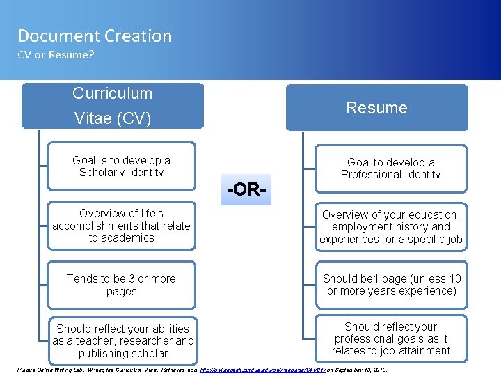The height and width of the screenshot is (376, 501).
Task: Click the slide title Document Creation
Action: coord(95,36)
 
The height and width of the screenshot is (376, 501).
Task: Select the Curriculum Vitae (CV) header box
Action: coord(112,106)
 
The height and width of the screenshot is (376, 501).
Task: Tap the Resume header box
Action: coord(376,107)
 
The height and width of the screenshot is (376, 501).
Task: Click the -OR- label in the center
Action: coord(247,189)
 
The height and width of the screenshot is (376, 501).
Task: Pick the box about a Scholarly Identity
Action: coord(122,166)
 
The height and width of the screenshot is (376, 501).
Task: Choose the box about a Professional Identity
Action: coord(390,169)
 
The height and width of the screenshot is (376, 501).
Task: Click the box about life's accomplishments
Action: coord(122,226)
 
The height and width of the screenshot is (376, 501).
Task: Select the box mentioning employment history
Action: coord(390,227)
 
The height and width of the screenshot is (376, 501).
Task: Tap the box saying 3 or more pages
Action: coord(122,285)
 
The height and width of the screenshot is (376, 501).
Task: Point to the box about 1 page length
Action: coord(390,285)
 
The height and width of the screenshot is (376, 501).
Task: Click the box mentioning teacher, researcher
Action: coord(123,340)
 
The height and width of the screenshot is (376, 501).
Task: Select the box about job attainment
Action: coord(390,338)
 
